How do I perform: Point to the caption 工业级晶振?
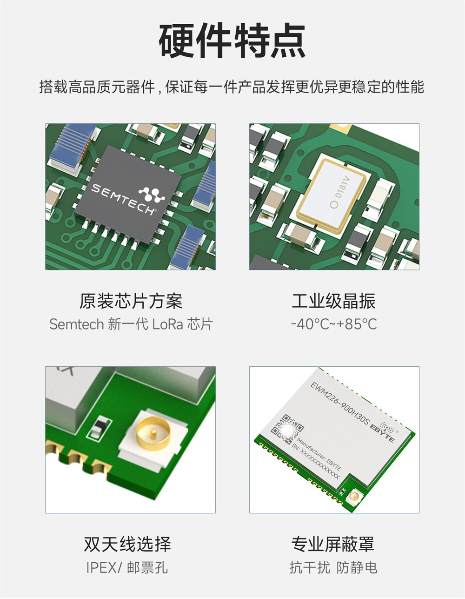333,301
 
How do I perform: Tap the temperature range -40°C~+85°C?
333,324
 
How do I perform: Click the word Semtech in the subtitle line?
76,324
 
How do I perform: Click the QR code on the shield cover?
286,428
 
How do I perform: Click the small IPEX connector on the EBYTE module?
355,498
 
